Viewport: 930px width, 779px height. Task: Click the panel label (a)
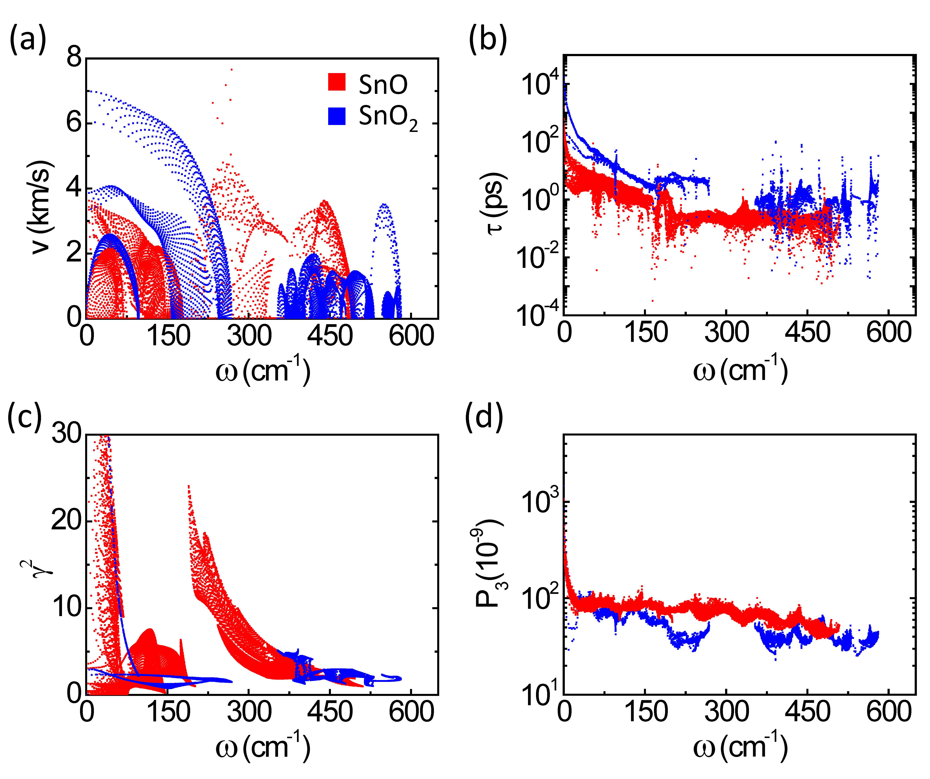pos(28,41)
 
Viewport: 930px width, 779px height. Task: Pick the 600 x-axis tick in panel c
pos(411,713)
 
